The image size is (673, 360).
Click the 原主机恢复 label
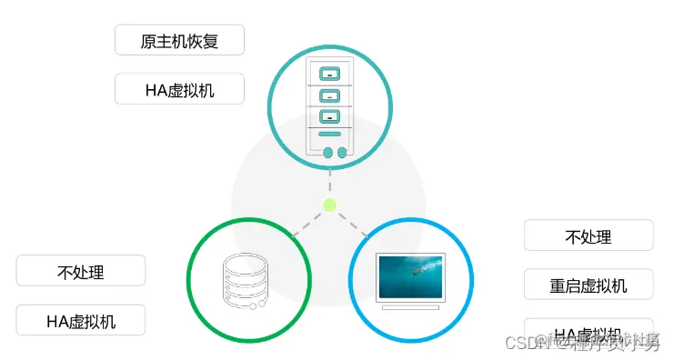coord(180,41)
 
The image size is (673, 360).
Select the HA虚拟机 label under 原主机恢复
coord(180,89)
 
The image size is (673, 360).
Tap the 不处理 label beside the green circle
coord(81,271)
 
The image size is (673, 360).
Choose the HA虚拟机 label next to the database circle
coord(81,320)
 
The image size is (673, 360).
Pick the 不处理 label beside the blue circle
coord(588,235)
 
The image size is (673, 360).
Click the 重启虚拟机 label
coord(588,285)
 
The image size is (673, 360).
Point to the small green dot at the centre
coord(330,205)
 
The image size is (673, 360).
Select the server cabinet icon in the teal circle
coord(329,108)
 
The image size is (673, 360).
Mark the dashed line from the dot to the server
coord(330,185)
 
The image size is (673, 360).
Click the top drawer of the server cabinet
coord(330,73)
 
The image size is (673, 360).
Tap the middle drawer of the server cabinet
coord(330,95)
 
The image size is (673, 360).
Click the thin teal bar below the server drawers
coord(330,135)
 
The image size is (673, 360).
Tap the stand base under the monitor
coord(411,306)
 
